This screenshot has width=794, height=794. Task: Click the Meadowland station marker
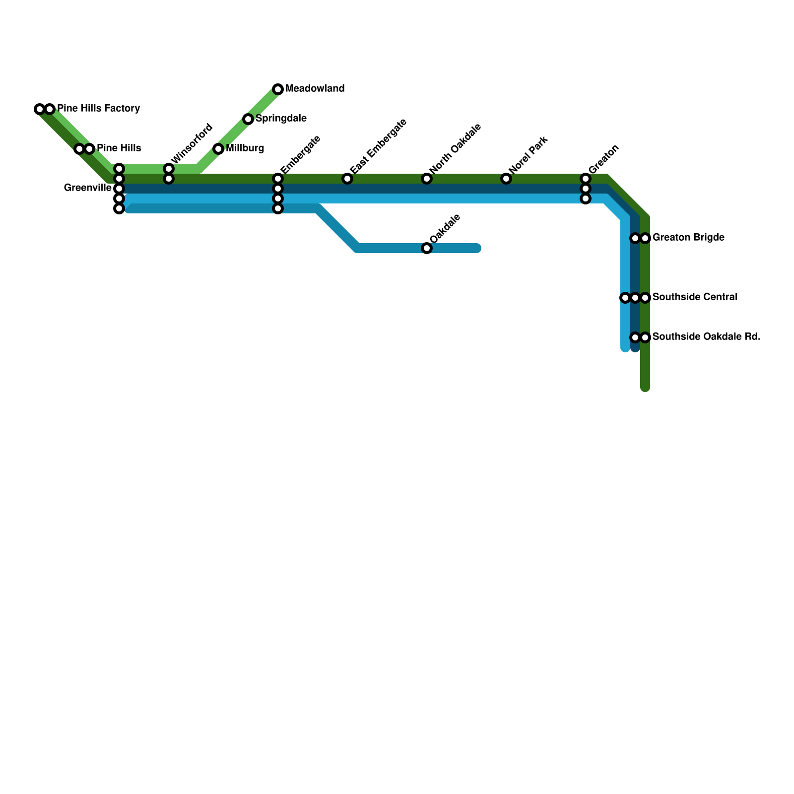tap(278, 89)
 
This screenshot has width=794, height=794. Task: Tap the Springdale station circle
tap(248, 119)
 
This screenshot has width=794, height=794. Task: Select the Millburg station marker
tap(218, 149)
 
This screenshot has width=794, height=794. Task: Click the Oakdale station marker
tap(427, 248)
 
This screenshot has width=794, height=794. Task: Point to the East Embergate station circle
tap(347, 179)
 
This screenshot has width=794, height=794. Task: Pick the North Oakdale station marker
tap(427, 179)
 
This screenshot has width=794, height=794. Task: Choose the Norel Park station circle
tap(506, 179)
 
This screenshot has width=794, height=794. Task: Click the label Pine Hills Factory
tap(98, 108)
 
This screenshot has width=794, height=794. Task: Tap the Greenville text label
tap(88, 188)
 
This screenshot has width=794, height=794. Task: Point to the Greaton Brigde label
tap(688, 238)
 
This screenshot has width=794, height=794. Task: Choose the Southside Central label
tap(694, 297)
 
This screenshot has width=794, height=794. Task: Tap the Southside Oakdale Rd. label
tap(706, 337)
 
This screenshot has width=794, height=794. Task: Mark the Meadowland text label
tap(315, 89)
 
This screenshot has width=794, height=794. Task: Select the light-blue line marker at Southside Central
tap(625, 298)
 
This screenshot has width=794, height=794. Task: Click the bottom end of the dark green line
tap(645, 388)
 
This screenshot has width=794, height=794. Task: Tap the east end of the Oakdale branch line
tap(477, 248)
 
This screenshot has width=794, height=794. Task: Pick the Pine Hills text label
tap(119, 148)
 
